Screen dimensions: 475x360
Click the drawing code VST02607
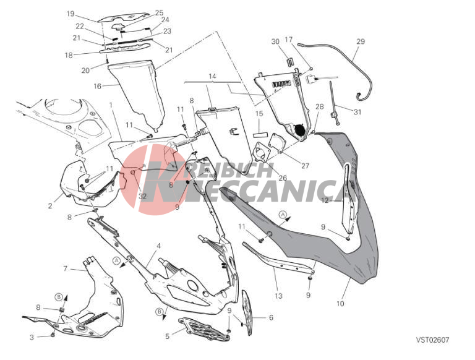432,340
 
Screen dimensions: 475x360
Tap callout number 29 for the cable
361,41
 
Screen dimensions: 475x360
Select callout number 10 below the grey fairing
340,303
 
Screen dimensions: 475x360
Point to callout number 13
278,296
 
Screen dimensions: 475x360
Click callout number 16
97,87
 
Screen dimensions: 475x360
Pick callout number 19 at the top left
71,14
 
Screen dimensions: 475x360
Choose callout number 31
357,112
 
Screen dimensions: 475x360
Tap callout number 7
66,268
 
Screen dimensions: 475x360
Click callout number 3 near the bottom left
32,337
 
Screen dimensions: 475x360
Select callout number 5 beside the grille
168,336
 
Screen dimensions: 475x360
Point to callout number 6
271,317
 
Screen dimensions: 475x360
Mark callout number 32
142,196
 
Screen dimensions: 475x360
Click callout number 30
275,41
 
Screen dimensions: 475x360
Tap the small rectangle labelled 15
261,133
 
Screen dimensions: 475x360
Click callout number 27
305,166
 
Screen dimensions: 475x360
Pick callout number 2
50,206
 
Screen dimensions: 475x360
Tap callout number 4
159,246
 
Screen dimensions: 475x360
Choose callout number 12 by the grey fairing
325,200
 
